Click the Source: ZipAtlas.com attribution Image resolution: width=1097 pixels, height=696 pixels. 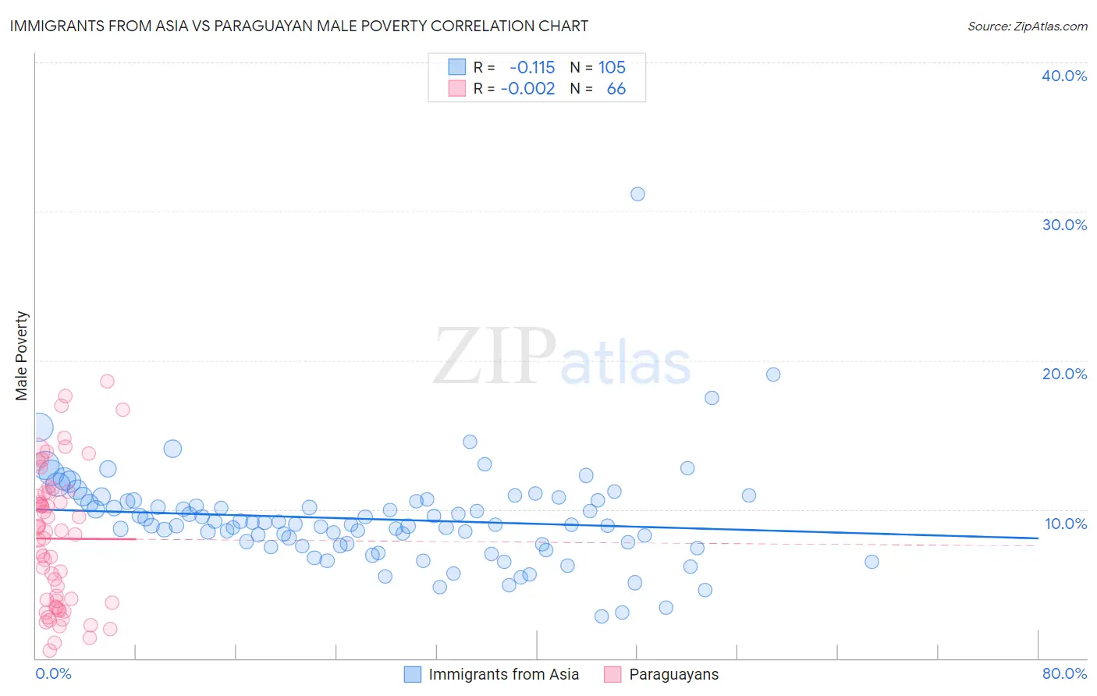[x=1027, y=26]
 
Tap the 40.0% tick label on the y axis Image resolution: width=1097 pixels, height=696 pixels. [x=1064, y=76]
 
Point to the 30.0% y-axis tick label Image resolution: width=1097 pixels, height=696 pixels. [x=1064, y=225]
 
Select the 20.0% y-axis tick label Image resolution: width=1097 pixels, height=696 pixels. [x=1064, y=374]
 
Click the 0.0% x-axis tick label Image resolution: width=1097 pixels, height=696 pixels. [x=53, y=673]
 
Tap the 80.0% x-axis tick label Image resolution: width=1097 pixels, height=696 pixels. [x=1064, y=673]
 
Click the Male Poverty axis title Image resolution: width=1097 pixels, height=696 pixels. [x=21, y=356]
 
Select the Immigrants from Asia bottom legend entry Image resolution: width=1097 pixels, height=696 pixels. [x=503, y=674]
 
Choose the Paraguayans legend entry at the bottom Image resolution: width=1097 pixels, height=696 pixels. [x=673, y=674]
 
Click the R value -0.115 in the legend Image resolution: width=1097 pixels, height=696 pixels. [x=532, y=67]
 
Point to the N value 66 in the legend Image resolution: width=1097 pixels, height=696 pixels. [x=616, y=89]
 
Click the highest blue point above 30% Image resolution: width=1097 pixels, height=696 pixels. [x=637, y=194]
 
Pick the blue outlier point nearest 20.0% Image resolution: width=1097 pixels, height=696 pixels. [x=773, y=375]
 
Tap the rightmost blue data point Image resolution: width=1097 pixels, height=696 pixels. [x=872, y=562]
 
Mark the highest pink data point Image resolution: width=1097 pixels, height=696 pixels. [x=107, y=382]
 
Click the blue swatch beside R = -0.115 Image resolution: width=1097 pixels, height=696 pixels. [x=456, y=67]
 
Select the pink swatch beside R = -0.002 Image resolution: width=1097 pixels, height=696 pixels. [x=456, y=89]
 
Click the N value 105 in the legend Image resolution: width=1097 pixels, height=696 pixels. [x=612, y=67]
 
